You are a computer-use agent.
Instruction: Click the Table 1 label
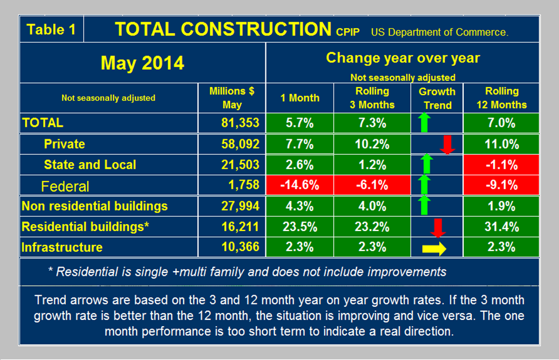(52, 30)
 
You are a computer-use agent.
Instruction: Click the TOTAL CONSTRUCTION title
(223, 29)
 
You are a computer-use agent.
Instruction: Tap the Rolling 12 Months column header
(502, 98)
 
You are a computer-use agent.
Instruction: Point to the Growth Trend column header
(437, 98)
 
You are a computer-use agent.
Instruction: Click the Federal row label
(65, 186)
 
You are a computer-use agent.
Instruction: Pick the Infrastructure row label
(62, 247)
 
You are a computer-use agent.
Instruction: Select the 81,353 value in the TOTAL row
(240, 122)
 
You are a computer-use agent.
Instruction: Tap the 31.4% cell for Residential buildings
(502, 226)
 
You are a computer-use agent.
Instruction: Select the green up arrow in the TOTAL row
(424, 122)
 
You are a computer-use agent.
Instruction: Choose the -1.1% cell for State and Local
(502, 165)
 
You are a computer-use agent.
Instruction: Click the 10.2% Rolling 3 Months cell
(372, 143)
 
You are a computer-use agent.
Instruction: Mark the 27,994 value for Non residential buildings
(240, 206)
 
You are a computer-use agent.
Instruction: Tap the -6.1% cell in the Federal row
(372, 185)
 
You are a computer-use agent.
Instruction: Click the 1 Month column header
(299, 98)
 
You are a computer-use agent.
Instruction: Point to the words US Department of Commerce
(439, 32)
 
